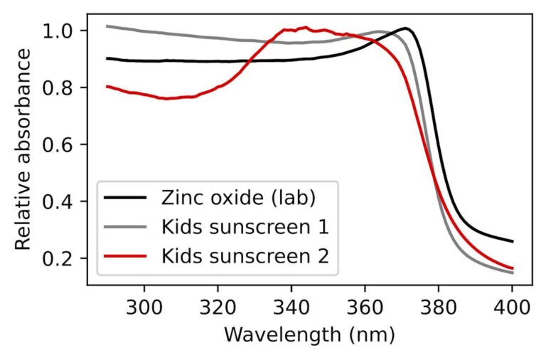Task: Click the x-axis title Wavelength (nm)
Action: [309, 334]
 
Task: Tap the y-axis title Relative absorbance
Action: [23, 149]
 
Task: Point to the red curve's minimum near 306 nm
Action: [166, 98]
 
